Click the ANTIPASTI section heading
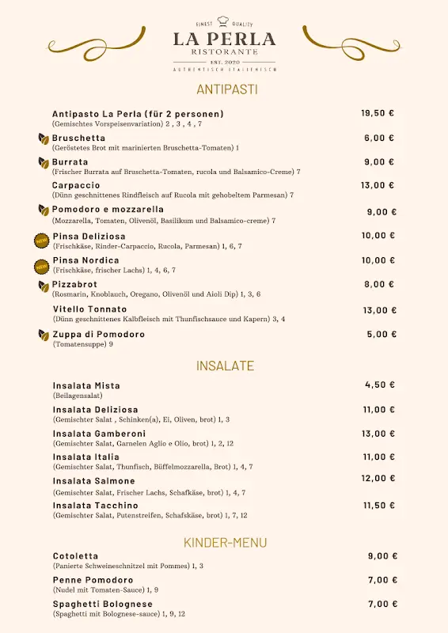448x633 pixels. pyautogui.click(x=227, y=89)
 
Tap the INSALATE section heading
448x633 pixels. pyautogui.click(x=226, y=366)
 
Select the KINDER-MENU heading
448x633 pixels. pyautogui.click(x=226, y=542)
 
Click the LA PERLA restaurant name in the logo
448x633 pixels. pyautogui.click(x=225, y=39)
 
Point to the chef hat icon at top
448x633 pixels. pyautogui.click(x=223, y=21)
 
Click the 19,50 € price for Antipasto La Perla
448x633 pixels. pyautogui.click(x=378, y=113)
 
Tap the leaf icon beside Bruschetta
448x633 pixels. pyautogui.click(x=44, y=138)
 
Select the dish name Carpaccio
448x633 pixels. pyautogui.click(x=76, y=185)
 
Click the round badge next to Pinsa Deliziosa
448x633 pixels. pyautogui.click(x=41, y=240)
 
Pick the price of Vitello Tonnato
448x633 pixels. pyautogui.click(x=380, y=310)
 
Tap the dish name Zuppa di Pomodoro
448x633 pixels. pyautogui.click(x=98, y=334)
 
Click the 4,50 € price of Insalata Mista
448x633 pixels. pyautogui.click(x=380, y=385)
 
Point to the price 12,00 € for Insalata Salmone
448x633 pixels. pyautogui.click(x=378, y=478)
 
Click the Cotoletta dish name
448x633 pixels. pyautogui.click(x=75, y=556)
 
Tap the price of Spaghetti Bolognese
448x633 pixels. pyautogui.click(x=382, y=604)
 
